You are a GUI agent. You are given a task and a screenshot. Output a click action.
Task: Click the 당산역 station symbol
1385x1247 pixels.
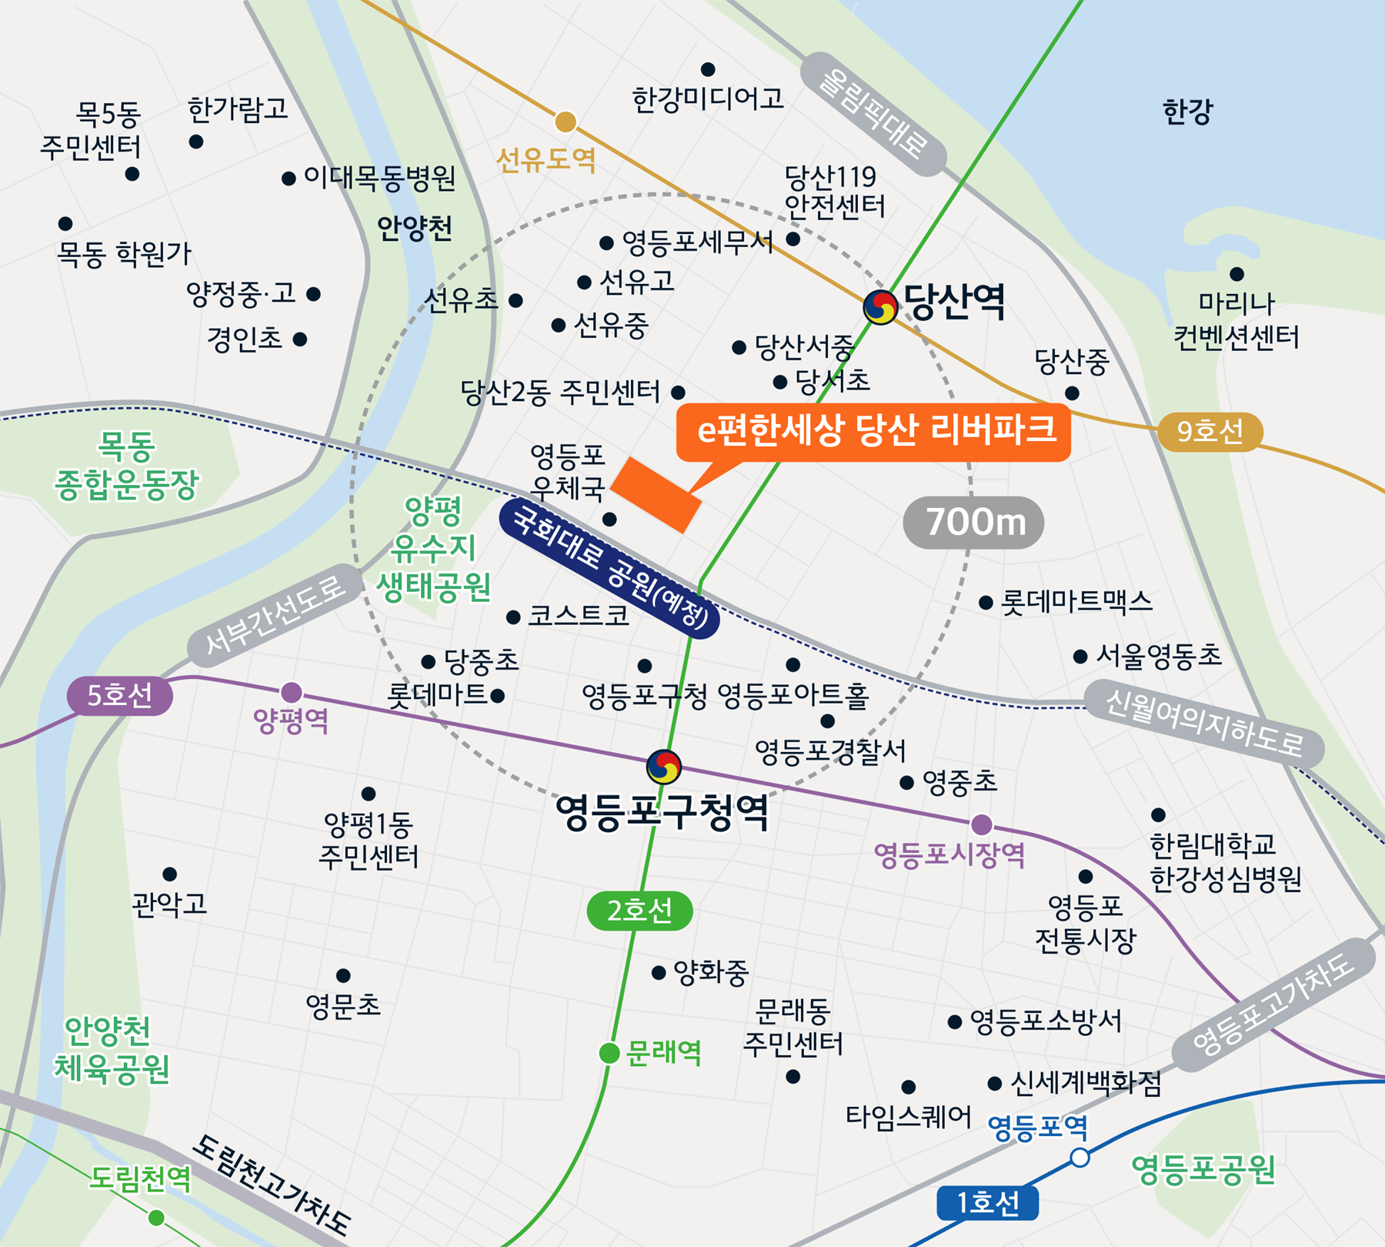(x=880, y=308)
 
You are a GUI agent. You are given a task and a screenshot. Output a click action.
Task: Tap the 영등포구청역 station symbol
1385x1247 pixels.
(x=663, y=767)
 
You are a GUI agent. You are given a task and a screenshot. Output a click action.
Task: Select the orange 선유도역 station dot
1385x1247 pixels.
(x=566, y=122)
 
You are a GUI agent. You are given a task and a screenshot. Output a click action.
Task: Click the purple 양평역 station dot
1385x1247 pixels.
(x=291, y=692)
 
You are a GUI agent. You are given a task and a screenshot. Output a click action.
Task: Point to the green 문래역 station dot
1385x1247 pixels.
(x=609, y=1053)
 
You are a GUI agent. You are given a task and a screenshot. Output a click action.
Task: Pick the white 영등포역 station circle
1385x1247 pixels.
(x=1080, y=1158)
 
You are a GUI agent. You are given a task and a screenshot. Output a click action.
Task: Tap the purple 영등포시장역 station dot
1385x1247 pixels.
(x=981, y=825)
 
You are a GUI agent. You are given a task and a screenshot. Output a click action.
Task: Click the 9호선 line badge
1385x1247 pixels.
(x=1210, y=431)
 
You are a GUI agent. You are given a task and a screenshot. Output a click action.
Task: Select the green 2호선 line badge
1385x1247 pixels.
(x=639, y=911)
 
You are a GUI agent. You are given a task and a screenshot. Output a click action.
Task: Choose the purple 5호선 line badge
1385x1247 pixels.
(x=119, y=696)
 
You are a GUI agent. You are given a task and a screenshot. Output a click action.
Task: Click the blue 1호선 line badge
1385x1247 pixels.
(x=987, y=1203)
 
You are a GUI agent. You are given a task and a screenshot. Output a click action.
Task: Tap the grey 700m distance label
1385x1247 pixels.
(x=973, y=523)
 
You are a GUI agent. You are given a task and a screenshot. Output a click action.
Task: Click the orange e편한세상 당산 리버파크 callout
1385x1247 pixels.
(x=873, y=431)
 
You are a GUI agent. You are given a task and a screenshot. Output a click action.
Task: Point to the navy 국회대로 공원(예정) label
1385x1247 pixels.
(x=609, y=568)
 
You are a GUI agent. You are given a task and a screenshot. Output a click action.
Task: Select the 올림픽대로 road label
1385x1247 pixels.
(x=873, y=114)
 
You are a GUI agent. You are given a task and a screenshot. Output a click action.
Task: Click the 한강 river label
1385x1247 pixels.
(x=1187, y=112)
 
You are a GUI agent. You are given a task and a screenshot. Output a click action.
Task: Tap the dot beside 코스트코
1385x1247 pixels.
(x=513, y=617)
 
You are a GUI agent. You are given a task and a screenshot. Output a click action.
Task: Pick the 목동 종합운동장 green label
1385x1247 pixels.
(x=127, y=466)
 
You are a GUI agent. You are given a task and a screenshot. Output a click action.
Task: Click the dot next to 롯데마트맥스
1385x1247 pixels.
(x=986, y=603)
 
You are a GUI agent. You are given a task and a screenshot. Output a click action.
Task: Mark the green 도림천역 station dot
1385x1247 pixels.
(x=156, y=1217)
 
